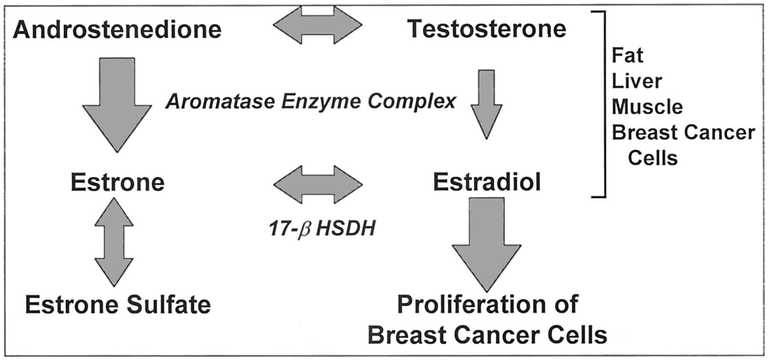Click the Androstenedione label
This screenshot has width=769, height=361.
coord(117,30)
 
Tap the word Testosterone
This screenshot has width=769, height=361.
coord(487,29)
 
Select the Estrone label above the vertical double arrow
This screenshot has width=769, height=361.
coord(117,182)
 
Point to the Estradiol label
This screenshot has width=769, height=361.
coord(487,182)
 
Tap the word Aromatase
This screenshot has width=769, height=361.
coord(221,102)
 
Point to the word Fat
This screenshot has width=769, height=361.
coord(627,55)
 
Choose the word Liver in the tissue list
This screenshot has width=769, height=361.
coord(637,81)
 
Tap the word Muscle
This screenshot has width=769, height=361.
coord(647,107)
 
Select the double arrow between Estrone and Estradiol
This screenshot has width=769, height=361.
coord(318,184)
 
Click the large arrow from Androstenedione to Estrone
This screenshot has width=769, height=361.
coord(117,105)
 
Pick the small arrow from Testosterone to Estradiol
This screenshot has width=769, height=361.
coord(486,105)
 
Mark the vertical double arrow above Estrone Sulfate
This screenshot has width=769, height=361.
coord(114,242)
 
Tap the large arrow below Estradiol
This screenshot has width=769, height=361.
coord(487,245)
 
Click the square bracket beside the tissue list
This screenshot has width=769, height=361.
coord(605,105)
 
